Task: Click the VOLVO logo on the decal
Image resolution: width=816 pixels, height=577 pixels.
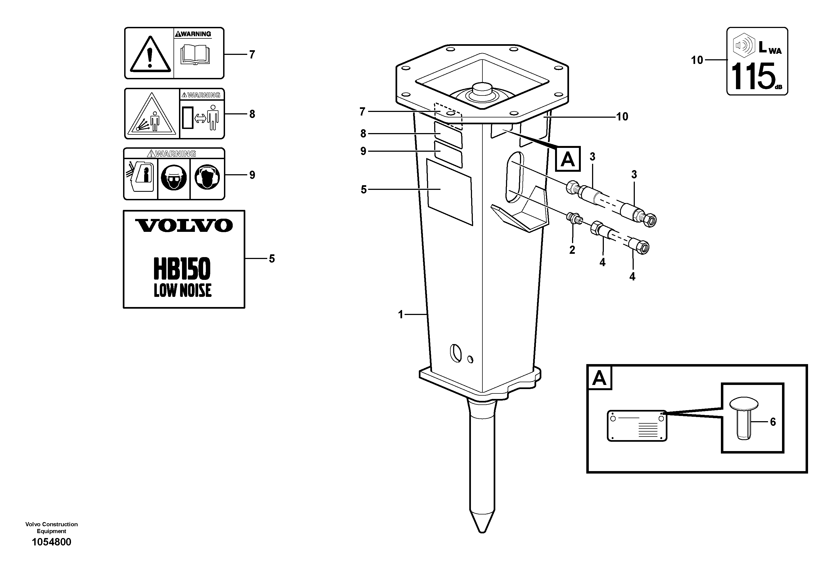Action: [183, 225]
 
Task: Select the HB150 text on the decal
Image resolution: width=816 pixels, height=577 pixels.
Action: [182, 269]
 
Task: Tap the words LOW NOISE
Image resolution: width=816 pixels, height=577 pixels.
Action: [182, 290]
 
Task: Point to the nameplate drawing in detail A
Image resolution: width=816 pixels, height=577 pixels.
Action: [636, 426]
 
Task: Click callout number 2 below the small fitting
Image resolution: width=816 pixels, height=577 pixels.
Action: [572, 250]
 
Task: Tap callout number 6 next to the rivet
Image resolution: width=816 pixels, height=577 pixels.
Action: [773, 422]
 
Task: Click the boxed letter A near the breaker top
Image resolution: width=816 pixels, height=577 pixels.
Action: [568, 159]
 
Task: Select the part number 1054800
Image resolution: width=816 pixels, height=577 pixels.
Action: [52, 542]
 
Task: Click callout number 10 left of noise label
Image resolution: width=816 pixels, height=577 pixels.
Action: [696, 60]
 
